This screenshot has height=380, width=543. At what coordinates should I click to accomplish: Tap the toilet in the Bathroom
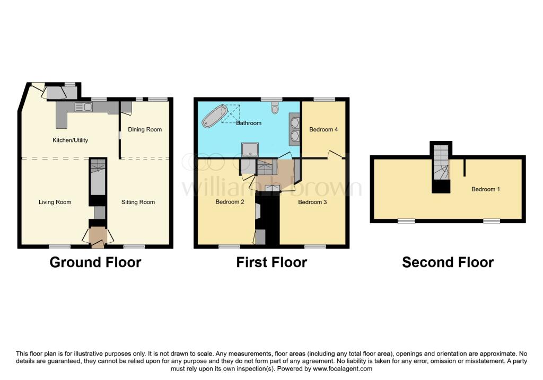coord(275,108)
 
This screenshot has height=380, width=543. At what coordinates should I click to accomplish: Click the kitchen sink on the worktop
coord(84,107)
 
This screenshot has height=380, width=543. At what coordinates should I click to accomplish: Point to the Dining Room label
coord(145,129)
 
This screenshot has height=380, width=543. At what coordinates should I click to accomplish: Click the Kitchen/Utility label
coord(70,140)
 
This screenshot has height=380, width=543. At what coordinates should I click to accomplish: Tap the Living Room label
coord(55,202)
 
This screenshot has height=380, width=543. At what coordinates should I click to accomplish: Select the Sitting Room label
coord(138,202)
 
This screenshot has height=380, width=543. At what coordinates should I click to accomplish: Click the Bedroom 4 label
coord(323,129)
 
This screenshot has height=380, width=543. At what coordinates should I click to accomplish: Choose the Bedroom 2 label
coord(230,202)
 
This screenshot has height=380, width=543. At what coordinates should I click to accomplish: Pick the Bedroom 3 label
coord(312,202)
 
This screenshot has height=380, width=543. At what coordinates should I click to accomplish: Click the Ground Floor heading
coord(95,262)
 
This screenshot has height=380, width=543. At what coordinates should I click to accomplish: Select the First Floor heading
coord(271,262)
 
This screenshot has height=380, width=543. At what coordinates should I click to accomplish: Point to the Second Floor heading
coord(448,262)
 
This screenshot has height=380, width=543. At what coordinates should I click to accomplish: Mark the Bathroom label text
coord(249,123)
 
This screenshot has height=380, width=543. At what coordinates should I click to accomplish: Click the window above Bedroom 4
coord(324,99)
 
